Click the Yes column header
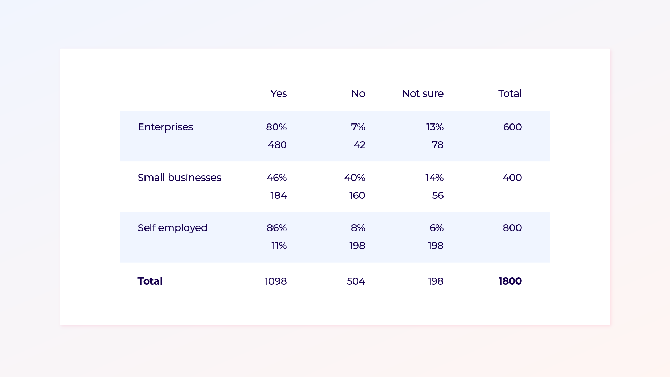click(x=278, y=93)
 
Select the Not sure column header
click(x=422, y=93)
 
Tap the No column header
click(x=358, y=93)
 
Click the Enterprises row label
click(x=165, y=127)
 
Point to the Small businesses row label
click(x=179, y=178)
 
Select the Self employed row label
click(x=172, y=228)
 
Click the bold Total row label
click(x=150, y=281)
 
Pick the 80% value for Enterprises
click(x=276, y=127)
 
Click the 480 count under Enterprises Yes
click(x=277, y=145)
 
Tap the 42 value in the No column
click(x=359, y=145)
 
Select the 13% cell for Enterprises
click(x=434, y=127)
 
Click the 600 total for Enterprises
click(x=512, y=127)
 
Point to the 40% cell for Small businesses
click(x=354, y=178)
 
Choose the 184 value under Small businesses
click(x=278, y=195)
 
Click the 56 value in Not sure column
click(x=438, y=195)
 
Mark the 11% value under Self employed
click(x=279, y=246)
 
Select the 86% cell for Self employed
click(x=276, y=228)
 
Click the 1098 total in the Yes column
click(x=275, y=281)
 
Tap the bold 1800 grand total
click(x=509, y=281)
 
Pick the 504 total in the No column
click(x=356, y=281)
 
